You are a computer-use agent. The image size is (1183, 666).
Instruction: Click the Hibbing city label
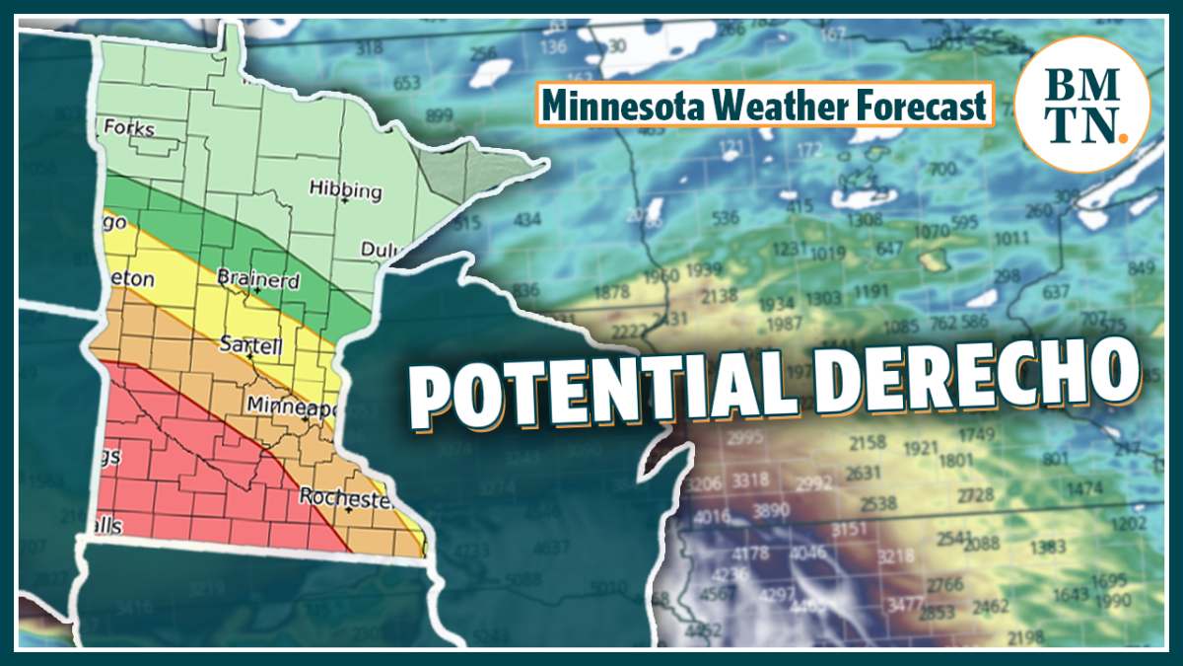pyautogui.click(x=345, y=187)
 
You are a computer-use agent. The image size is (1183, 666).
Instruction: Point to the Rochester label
pyautogui.click(x=346, y=496)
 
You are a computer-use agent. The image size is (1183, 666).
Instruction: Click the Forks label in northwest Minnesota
pyautogui.click(x=129, y=128)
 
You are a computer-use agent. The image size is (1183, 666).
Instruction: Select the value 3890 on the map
pyautogui.click(x=771, y=511)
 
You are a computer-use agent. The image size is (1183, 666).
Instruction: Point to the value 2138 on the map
pyautogui.click(x=720, y=295)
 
